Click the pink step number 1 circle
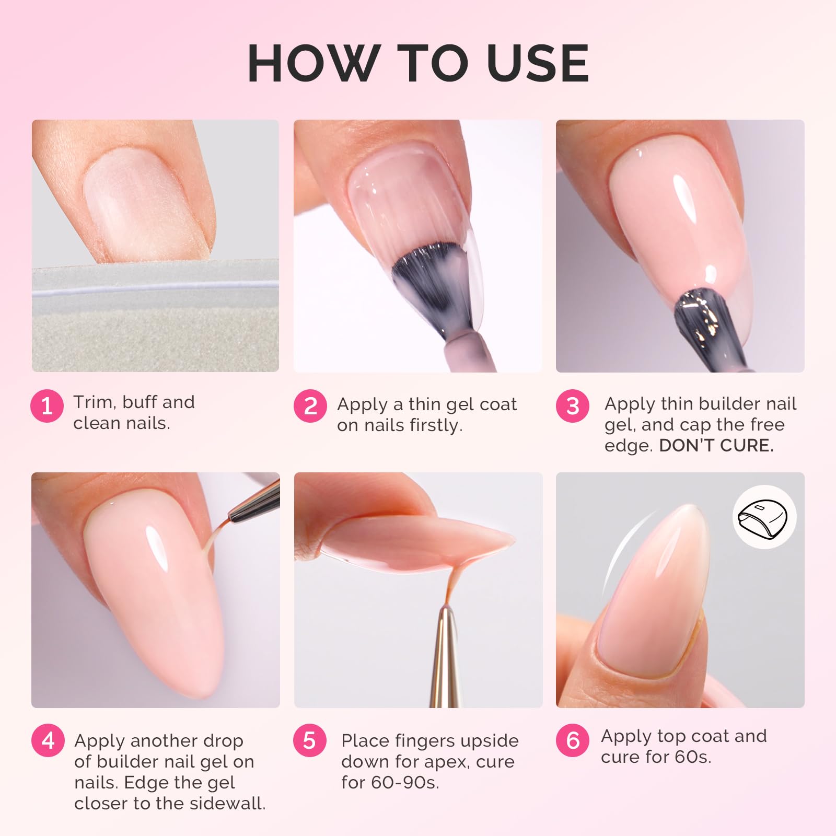click(47, 405)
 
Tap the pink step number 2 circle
click(310, 405)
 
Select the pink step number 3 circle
click(573, 405)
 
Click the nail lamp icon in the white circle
click(764, 517)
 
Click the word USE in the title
click(538, 63)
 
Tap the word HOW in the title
click(313, 63)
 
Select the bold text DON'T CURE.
click(716, 445)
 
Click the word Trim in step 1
click(93, 402)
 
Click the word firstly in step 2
click(436, 425)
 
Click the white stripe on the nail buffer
click(155, 288)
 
